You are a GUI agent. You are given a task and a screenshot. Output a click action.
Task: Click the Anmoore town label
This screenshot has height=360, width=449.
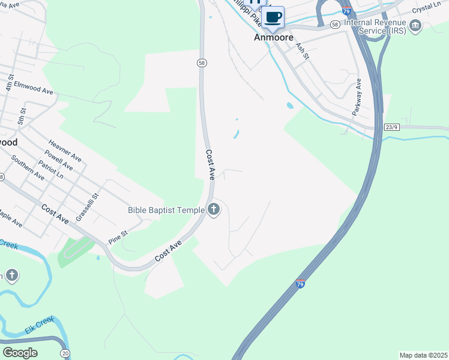pos(274,37)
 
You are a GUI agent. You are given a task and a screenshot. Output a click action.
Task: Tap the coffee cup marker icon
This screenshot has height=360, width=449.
pos(273,17)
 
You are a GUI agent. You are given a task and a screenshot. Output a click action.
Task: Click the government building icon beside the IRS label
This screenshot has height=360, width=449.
pos(415,26)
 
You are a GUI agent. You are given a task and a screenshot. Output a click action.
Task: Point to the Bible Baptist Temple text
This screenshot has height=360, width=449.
pos(166,210)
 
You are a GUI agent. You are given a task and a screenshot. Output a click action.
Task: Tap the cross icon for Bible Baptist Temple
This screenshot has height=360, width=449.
pos(214,210)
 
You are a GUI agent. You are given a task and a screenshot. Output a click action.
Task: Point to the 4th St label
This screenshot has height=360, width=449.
pos(10,83)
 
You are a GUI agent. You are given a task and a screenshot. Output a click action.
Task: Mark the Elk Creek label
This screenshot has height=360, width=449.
pos(40,326)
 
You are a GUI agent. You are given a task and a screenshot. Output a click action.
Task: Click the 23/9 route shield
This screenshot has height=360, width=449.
pos(392,127)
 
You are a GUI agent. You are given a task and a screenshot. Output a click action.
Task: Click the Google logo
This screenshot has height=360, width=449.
pos(20,352)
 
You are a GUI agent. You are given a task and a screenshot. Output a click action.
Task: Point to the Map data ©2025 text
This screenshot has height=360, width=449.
pos(423,355)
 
